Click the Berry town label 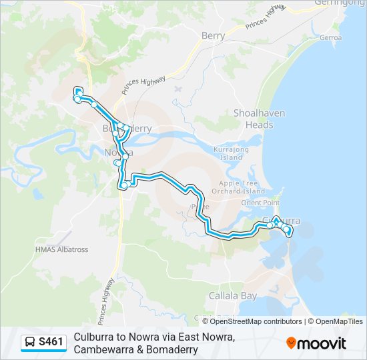click(x=213, y=36)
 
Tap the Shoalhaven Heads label click(x=253, y=119)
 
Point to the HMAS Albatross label click(x=61, y=249)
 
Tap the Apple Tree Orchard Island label click(x=242, y=187)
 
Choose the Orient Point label click(x=260, y=203)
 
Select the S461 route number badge click(x=51, y=343)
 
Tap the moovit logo click(x=316, y=343)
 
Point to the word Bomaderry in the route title click(x=169, y=349)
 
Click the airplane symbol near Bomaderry click(x=177, y=88)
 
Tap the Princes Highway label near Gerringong click(x=265, y=17)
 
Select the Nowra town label click(x=119, y=152)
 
